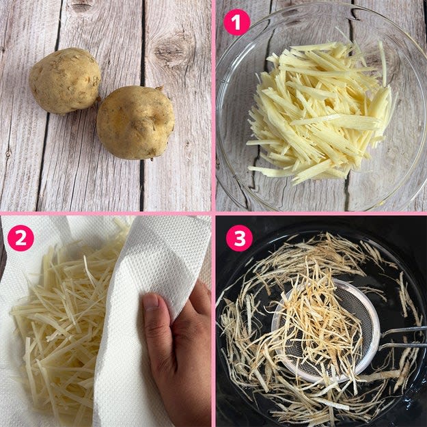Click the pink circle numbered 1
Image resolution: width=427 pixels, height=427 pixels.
(x=236, y=23)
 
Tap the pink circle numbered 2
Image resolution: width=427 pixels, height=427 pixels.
(x=20, y=238)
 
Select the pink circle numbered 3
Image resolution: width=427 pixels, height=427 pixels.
(x=239, y=238)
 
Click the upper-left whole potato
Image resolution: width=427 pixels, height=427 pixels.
(x=65, y=81)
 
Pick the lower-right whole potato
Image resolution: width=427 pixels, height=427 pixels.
(x=135, y=122)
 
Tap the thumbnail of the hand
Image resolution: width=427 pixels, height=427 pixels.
(x=150, y=302)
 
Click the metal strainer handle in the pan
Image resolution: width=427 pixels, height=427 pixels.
(x=403, y=338)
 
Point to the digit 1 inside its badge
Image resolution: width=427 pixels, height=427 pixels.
(x=237, y=23)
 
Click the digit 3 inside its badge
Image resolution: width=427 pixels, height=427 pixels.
(x=239, y=238)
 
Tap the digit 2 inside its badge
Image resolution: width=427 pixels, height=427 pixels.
(x=20, y=238)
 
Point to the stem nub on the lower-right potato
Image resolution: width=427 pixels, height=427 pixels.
(x=160, y=88)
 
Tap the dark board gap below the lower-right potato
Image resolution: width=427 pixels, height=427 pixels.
(x=141, y=185)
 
